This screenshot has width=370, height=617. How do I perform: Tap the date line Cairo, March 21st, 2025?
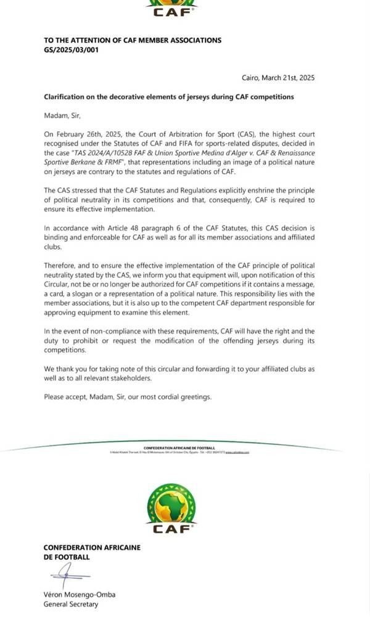click(x=277, y=78)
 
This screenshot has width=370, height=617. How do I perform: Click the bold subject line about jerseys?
click(x=168, y=97)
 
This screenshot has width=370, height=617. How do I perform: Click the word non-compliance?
click(x=119, y=331)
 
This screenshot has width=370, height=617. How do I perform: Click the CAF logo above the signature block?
click(x=172, y=508)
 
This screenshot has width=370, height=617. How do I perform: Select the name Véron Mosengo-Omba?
click(x=80, y=595)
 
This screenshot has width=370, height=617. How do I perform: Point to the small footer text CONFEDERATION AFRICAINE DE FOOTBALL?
click(x=179, y=448)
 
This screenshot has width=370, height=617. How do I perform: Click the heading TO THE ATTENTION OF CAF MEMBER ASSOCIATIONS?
click(x=133, y=40)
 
